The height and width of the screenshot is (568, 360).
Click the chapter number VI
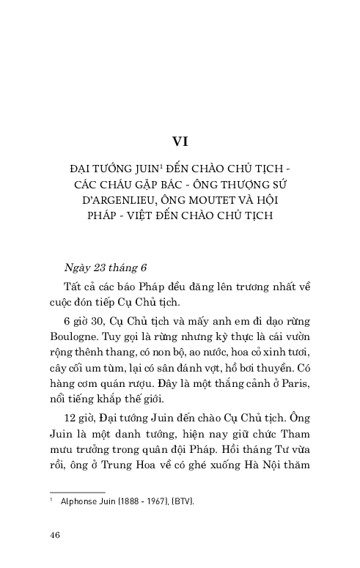pyautogui.click(x=180, y=141)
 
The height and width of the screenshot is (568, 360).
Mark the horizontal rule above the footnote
pyautogui.click(x=76, y=493)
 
